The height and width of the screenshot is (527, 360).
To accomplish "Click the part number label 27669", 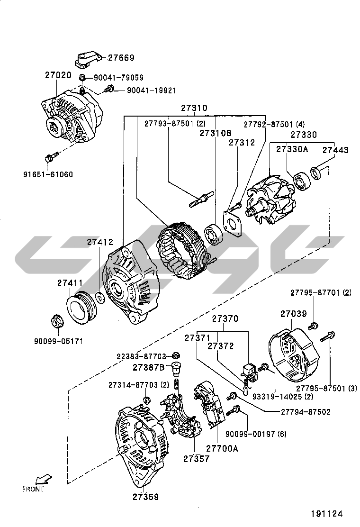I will (x=121, y=58).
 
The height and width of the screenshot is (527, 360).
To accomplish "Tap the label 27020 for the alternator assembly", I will (x=58, y=75).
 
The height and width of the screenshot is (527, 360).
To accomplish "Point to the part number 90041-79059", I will (x=118, y=78).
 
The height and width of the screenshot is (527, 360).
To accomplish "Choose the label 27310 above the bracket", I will (x=194, y=108).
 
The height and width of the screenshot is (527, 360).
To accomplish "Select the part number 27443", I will (x=335, y=150).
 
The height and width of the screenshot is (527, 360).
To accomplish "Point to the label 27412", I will (x=99, y=242).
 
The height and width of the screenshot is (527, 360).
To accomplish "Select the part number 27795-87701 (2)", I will (x=321, y=293).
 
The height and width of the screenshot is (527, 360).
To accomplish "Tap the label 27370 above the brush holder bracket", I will (x=225, y=319).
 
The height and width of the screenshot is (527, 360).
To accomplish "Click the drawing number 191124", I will (x=326, y=513).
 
